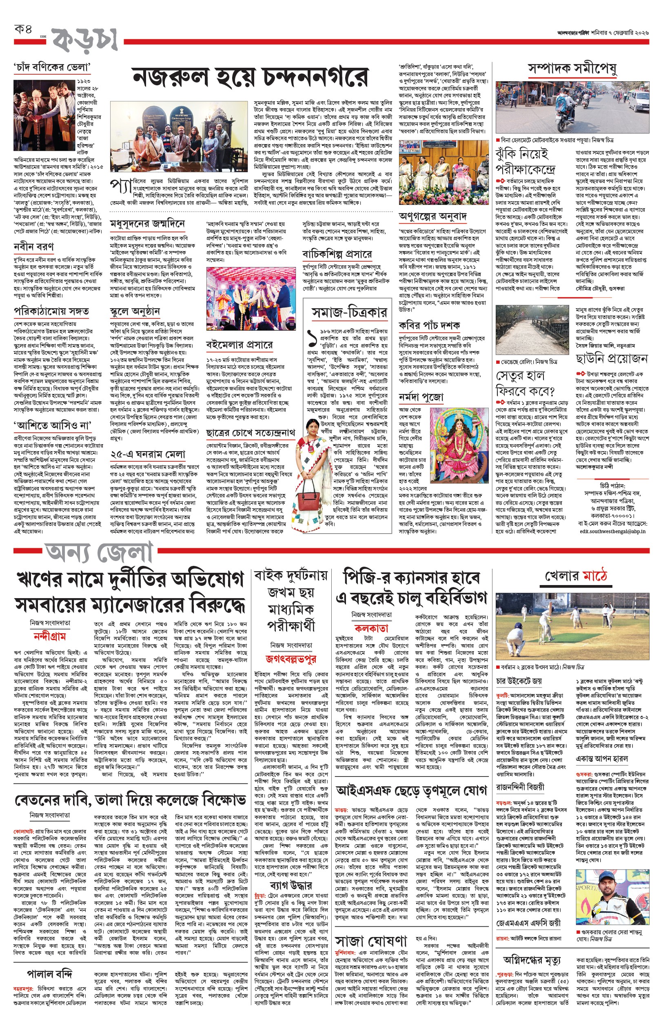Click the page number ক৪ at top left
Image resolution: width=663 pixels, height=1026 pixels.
(24, 30)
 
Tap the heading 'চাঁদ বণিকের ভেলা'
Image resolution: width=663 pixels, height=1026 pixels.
(52, 68)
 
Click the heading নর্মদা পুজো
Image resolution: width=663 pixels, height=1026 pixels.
(421, 397)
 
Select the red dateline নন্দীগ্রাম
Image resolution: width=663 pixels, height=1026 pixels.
(49, 636)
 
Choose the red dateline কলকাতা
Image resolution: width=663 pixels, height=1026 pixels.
(371, 628)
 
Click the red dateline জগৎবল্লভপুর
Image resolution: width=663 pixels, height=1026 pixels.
(291, 659)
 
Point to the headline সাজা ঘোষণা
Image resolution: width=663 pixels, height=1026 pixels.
(371, 941)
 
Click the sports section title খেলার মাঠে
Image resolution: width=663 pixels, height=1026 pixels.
(576, 576)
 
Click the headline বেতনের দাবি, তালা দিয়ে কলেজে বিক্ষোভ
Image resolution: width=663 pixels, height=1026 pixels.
(130, 800)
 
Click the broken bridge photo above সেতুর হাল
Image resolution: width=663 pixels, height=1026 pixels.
(533, 329)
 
